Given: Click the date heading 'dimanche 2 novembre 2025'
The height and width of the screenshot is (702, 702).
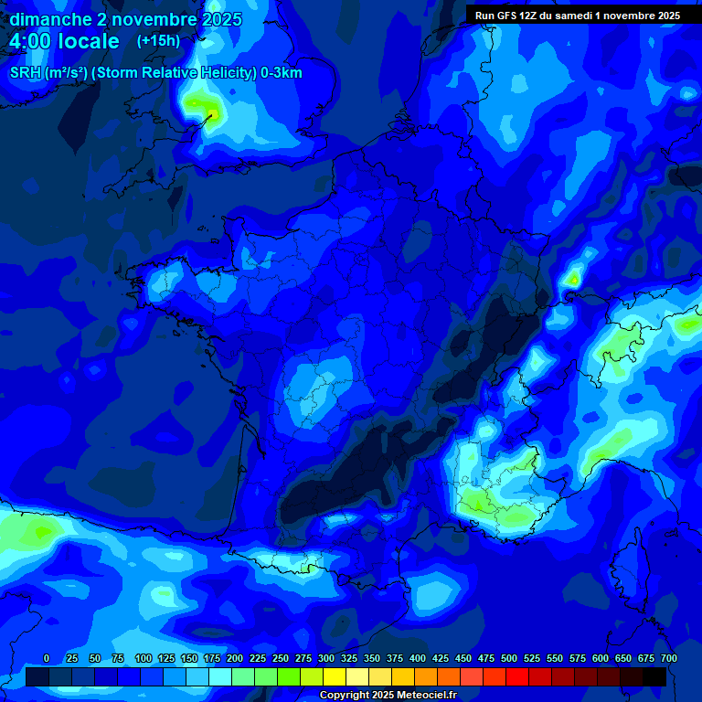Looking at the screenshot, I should pos(126,19).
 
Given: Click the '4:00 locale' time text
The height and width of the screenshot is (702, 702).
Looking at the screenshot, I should pos(64,41).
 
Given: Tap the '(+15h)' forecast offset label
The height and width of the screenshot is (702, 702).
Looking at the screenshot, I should pos(158,40).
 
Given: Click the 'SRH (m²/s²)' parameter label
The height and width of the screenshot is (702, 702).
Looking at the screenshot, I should pos(49,73).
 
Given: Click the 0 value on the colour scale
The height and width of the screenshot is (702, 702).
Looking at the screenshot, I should pos(47,658).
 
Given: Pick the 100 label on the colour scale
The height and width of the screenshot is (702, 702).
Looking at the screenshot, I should pos(144,658).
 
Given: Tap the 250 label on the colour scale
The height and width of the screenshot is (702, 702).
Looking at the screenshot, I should pos(281,658).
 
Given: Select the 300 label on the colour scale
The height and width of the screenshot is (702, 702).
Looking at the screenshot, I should pos(326,658).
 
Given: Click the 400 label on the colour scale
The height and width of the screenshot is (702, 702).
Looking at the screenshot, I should pos(418,658).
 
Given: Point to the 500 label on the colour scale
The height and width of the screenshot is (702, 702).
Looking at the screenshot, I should pos(509,658).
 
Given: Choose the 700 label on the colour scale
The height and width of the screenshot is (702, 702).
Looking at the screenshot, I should pos(669,658).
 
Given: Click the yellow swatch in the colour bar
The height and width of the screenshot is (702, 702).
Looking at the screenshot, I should pos(335,676).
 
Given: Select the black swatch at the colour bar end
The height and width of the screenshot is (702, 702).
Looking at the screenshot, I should pos(654,676).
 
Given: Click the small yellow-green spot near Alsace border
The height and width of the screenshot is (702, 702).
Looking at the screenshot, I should pos(574,275).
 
